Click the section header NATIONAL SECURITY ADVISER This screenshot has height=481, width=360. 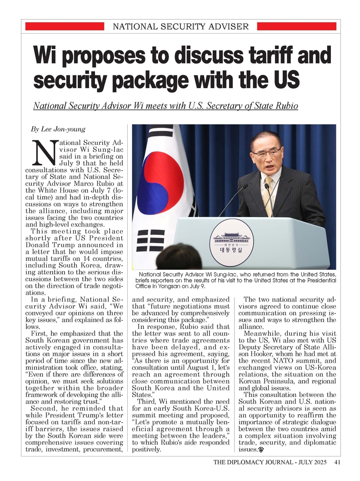pos(180,26)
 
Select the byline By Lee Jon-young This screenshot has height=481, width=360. pos(58,129)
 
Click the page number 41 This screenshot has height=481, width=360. pos(337,463)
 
